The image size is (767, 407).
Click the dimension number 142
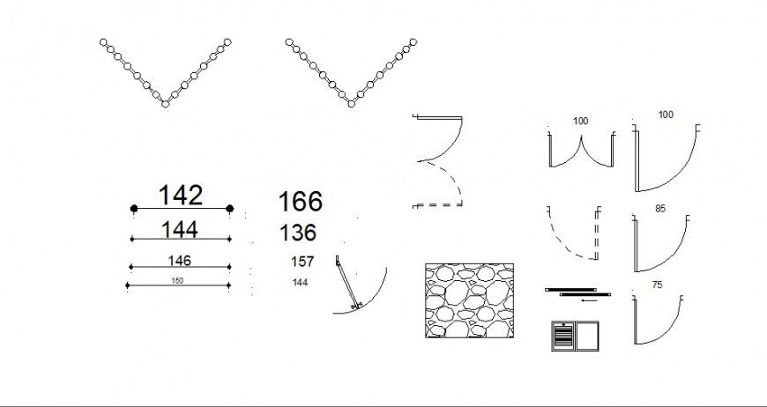click(x=181, y=196)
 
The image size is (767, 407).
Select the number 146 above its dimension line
click(x=179, y=261)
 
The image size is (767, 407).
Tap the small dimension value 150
click(x=177, y=281)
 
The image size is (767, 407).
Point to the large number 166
click(x=301, y=202)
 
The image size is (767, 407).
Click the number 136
click(x=298, y=233)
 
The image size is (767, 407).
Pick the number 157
click(x=302, y=262)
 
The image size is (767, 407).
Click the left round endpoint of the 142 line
click(x=134, y=209)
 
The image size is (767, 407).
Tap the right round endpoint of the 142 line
click(x=229, y=209)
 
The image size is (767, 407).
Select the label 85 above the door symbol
click(x=660, y=209)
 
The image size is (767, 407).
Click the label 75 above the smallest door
click(x=658, y=285)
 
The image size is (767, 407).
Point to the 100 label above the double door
click(x=581, y=122)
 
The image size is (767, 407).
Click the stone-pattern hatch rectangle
click(x=469, y=300)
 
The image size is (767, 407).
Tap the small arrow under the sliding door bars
click(x=589, y=300)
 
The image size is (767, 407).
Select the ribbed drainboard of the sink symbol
click(x=564, y=337)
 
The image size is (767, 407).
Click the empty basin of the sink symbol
click(x=587, y=336)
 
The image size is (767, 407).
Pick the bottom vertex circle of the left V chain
click(x=166, y=104)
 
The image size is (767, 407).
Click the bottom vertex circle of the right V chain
click(x=351, y=104)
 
